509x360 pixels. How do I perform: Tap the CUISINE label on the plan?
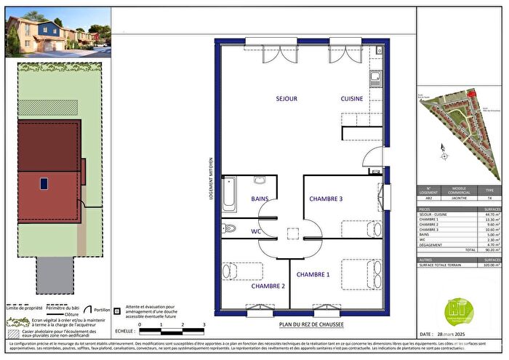[x=356, y=97]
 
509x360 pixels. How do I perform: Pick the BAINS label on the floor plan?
[x=260, y=199]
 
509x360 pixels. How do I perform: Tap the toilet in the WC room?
[x=231, y=228]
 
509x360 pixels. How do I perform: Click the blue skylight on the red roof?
[x=44, y=183]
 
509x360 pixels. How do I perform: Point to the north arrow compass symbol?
[x=444, y=150]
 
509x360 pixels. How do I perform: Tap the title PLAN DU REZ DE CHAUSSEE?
[x=310, y=324]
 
